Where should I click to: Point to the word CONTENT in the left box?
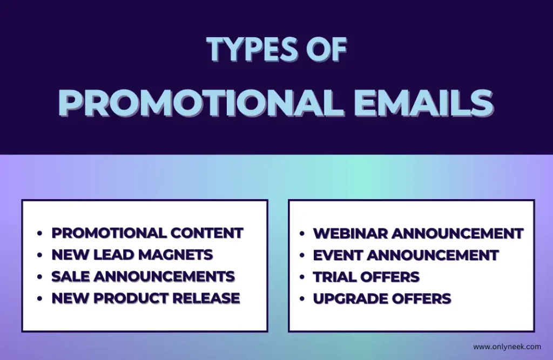207,233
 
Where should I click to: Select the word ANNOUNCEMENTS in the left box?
164,276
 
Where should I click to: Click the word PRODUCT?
131,298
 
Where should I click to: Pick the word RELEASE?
206,298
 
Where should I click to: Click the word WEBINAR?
350,234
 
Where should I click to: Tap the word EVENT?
338,256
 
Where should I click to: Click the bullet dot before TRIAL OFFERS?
302,277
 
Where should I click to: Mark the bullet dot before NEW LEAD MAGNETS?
39,255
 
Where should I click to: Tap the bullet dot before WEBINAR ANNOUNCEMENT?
302,233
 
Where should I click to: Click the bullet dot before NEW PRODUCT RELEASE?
39,298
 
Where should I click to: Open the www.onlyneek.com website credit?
507,347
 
